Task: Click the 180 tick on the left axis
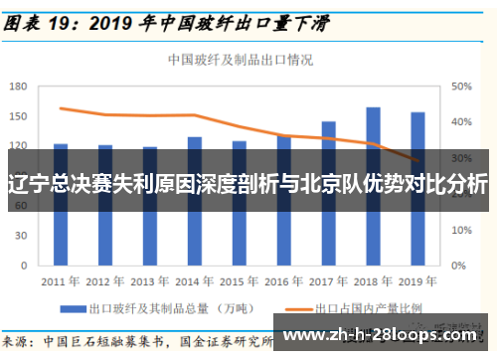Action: [x=18, y=87]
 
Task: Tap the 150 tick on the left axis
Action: [x=18, y=116]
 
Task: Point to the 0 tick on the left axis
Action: [x=25, y=267]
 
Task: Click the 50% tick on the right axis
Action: [x=460, y=87]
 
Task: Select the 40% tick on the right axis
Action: [x=460, y=122]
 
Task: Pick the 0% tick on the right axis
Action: [x=457, y=267]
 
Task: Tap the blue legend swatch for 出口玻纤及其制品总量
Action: [x=72, y=308]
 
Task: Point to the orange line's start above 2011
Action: [x=61, y=108]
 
